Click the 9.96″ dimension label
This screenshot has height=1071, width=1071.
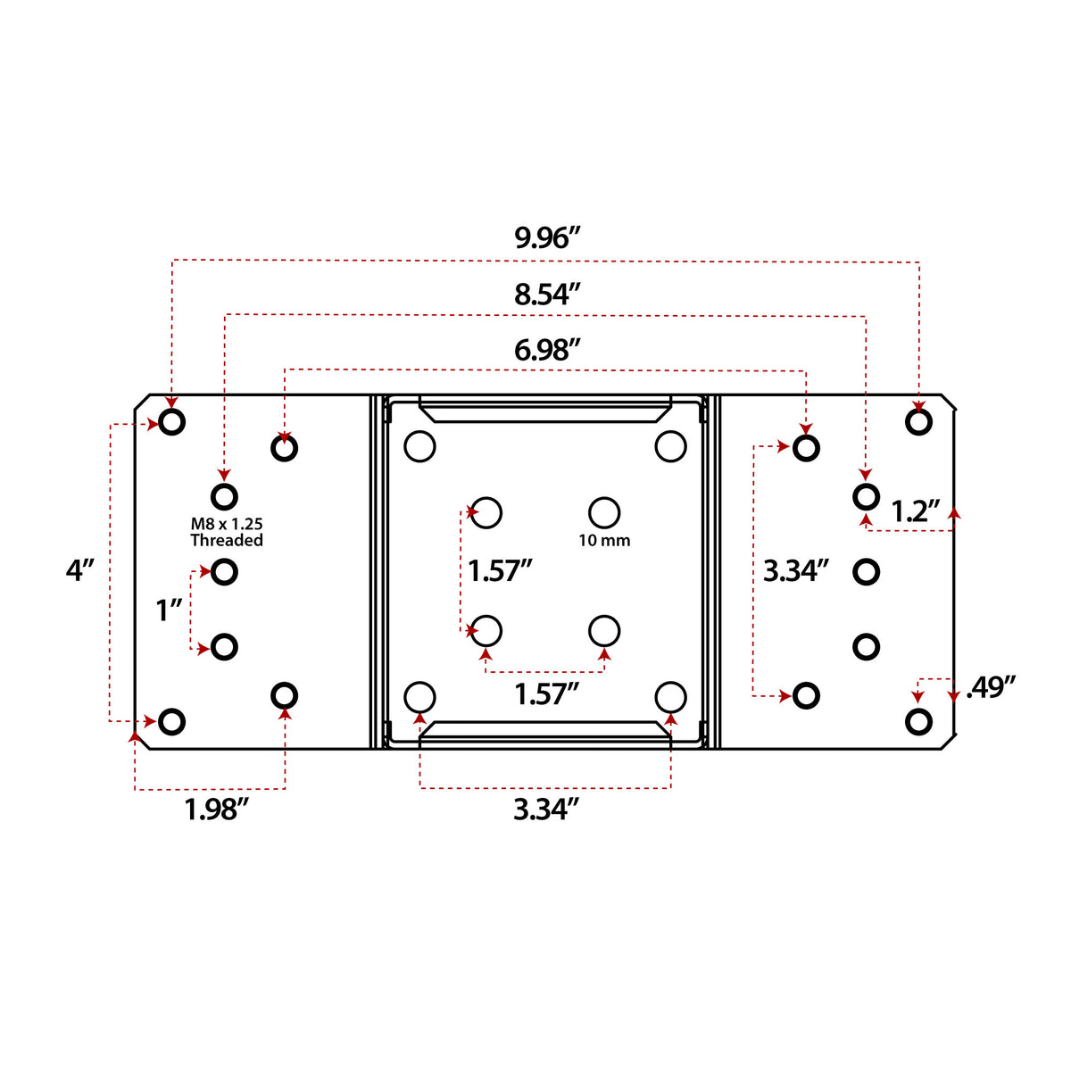[x=547, y=238]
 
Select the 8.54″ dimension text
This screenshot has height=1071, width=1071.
[x=547, y=295]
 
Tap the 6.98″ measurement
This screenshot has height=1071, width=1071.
[x=547, y=350]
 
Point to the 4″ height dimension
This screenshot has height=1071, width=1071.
[x=80, y=570]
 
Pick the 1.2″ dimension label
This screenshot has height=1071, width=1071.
[x=915, y=511]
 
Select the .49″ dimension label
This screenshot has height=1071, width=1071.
[x=991, y=687]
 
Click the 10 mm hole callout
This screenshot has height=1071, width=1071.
[x=604, y=540]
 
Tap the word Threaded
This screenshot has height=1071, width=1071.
[x=227, y=540]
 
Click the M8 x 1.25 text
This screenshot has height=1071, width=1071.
[x=227, y=524]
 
